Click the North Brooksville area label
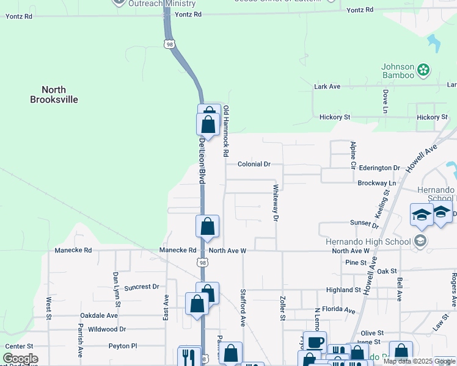[55, 95]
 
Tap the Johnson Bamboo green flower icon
[423, 71]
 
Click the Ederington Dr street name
[379, 168]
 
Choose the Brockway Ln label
[376, 183]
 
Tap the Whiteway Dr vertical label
[276, 203]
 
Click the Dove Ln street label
[386, 101]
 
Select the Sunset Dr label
[364, 224]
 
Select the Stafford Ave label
[243, 307]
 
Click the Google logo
[20, 359]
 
